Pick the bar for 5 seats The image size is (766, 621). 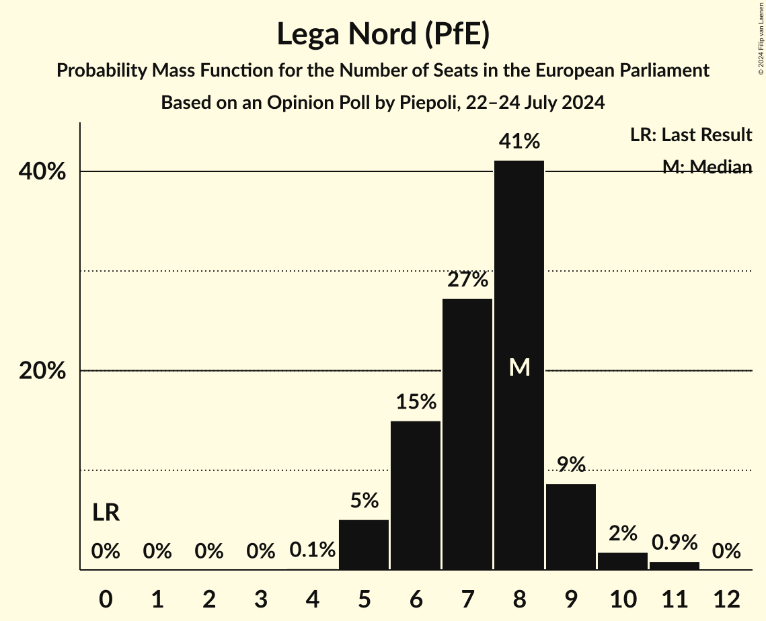click(x=364, y=544)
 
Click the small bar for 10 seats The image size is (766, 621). click(x=623, y=561)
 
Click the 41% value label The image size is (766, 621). click(x=519, y=142)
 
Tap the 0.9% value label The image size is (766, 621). click(x=674, y=542)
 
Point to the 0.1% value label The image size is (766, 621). click(x=312, y=550)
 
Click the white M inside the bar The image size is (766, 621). click(x=519, y=367)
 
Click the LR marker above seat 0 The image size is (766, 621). click(x=106, y=513)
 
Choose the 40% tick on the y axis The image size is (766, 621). click(x=42, y=172)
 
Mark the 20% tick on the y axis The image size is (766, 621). click(x=42, y=371)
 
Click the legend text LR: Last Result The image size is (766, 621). click(x=691, y=135)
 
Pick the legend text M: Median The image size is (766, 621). click(x=707, y=167)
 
